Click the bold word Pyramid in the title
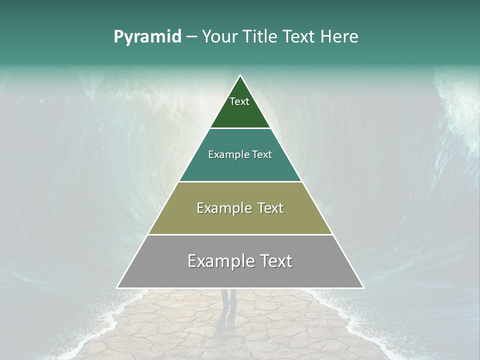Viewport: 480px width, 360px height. pos(147,37)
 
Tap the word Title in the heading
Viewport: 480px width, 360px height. pos(260,37)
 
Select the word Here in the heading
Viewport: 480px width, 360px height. pos(339,37)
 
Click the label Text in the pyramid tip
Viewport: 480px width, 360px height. pos(239,101)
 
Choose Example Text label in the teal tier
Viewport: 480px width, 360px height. pos(240,154)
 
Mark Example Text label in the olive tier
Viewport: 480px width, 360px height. pos(240,208)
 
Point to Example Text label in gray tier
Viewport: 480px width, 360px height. pos(240,261)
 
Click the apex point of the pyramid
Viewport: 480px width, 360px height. pos(240,75)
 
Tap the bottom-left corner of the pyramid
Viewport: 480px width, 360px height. pos(117,288)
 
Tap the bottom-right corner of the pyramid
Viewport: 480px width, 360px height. pos(363,288)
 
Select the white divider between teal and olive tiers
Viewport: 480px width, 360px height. pos(240,181)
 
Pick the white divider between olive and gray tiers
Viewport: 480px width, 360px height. pos(240,234)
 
